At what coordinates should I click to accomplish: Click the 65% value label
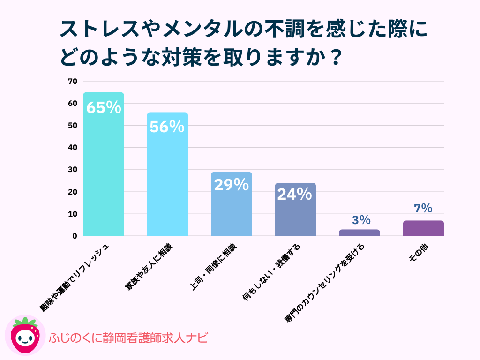click(104, 108)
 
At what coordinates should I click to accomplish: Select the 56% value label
click(167, 127)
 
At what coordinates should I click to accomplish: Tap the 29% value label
click(231, 185)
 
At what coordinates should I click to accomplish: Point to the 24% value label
click(294, 194)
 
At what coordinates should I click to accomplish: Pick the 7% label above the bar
click(423, 209)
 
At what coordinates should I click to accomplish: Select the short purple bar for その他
click(423, 228)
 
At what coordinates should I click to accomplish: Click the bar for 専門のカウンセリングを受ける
click(359, 232)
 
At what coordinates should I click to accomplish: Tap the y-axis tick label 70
click(72, 82)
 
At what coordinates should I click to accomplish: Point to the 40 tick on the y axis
click(72, 148)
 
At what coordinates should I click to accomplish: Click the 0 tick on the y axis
click(74, 236)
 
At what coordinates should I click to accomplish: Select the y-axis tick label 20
click(72, 192)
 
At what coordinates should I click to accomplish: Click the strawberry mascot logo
click(25, 336)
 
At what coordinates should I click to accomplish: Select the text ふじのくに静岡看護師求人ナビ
click(128, 338)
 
